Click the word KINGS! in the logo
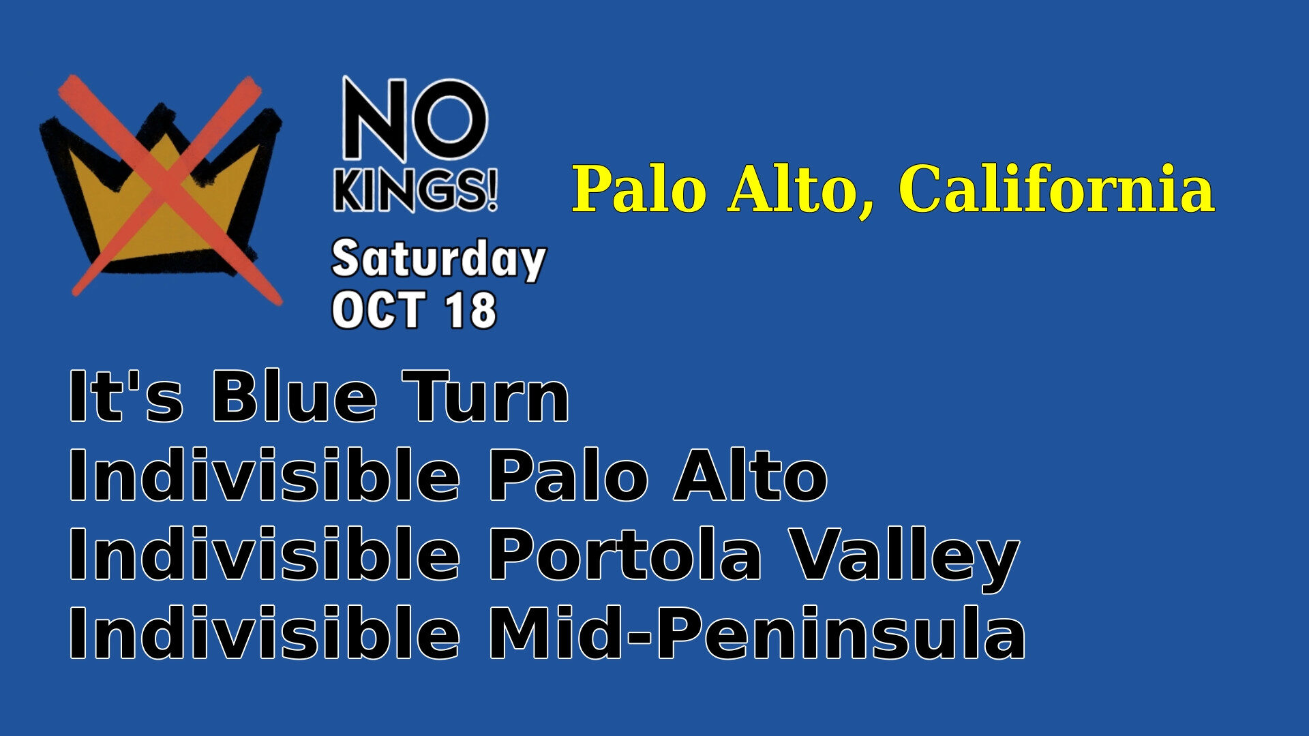coord(415,190)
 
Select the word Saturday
coord(439,260)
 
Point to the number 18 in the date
coord(470,310)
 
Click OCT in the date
coord(378,310)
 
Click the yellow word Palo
coord(640,189)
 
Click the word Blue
coord(294,397)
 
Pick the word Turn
coord(485,397)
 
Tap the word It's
coord(126,397)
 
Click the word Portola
coord(625,555)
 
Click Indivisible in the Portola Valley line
coord(265,554)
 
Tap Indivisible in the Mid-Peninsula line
coord(265,633)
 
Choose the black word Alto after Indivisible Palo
coord(751,475)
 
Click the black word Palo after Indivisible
coord(569,475)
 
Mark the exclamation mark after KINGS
coord(492,190)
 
